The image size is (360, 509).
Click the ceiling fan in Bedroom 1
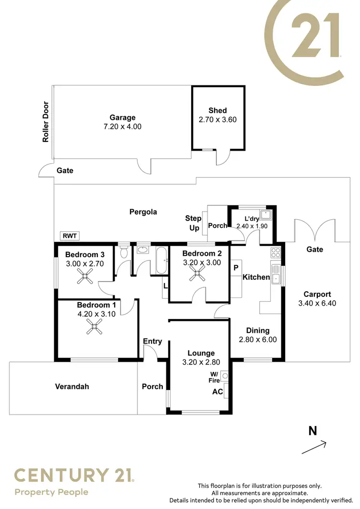[94, 327]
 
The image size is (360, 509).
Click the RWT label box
[69, 236]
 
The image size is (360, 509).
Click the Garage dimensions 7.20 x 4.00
[122, 127]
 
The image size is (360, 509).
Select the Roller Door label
[46, 122]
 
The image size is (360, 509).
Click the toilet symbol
[124, 251]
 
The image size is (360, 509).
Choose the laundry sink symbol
[266, 214]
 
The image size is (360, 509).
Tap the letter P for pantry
[236, 268]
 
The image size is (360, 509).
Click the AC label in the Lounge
[217, 391]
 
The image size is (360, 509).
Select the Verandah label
[72, 386]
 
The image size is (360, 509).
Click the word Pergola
[143, 212]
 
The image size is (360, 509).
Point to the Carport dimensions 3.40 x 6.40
[317, 304]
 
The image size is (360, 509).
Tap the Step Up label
[193, 223]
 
